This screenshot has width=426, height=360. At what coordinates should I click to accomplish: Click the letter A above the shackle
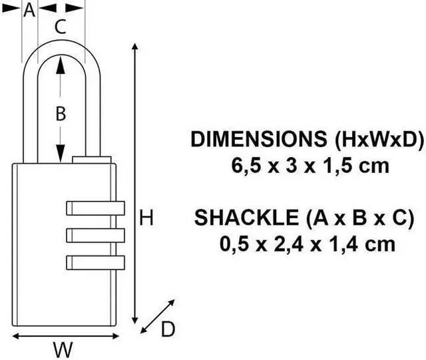[x=29, y=11]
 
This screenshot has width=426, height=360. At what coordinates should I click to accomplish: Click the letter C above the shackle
[x=61, y=27]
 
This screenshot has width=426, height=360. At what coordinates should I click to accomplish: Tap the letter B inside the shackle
[x=61, y=113]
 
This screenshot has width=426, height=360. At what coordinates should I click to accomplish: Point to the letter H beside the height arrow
[x=146, y=218]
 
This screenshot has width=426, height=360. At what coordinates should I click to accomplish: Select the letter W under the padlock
[x=63, y=350]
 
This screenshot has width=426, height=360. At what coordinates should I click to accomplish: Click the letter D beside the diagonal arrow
[x=168, y=329]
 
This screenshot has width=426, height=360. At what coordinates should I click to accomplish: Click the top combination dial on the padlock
[x=95, y=208]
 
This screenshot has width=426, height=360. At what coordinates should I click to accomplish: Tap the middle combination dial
[x=95, y=236]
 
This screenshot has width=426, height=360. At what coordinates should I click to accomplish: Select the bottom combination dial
[x=95, y=263]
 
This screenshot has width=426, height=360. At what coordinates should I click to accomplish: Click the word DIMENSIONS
[x=259, y=139]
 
